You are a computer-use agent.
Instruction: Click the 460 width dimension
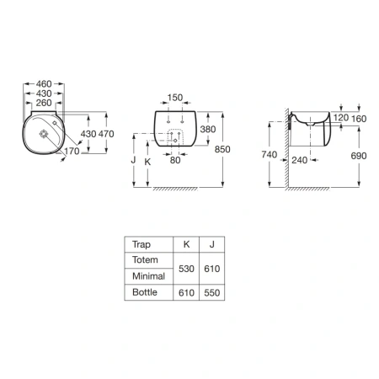tap(44, 83)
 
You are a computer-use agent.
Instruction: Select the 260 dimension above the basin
tap(44, 103)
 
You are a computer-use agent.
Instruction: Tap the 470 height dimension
tap(106, 134)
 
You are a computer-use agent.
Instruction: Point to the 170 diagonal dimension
tap(72, 151)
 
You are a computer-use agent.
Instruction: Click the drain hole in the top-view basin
tap(44, 134)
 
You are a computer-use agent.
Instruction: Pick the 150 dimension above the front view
tap(175, 98)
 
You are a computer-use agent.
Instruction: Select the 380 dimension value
tap(208, 129)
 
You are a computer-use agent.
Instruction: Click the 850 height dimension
tap(222, 149)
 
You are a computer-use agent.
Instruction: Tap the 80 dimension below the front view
tap(175, 160)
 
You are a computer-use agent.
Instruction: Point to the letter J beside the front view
tap(134, 160)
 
